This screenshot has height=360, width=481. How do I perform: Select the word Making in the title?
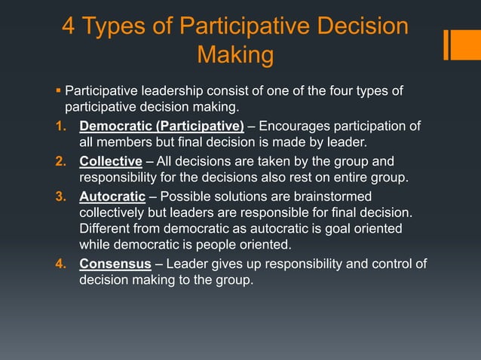click(234, 55)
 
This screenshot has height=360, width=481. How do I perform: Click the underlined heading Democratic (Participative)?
click(161, 126)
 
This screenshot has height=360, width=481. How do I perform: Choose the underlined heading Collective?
click(111, 161)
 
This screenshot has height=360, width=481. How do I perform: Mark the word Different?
click(106, 228)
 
